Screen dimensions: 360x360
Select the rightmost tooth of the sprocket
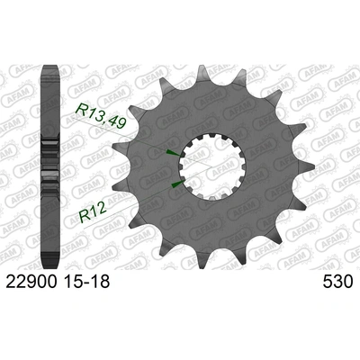click(309, 171)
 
